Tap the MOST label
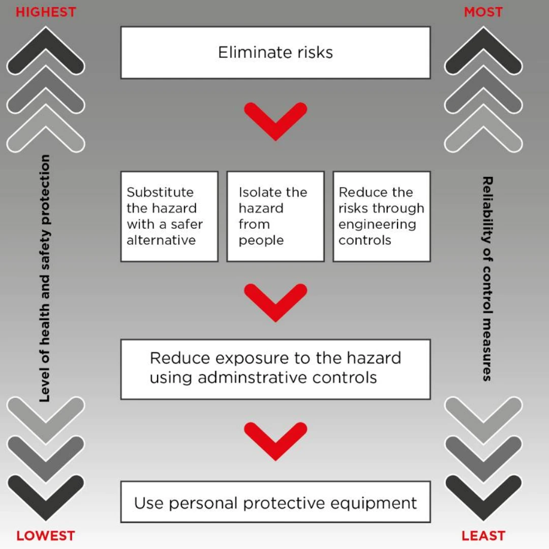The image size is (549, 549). (x=483, y=12)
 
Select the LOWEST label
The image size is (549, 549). (x=45, y=535)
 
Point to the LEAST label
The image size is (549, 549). (x=483, y=535)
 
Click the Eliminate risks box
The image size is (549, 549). (x=275, y=53)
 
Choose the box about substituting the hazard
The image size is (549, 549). (x=169, y=217)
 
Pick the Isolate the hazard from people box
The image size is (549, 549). (x=275, y=217)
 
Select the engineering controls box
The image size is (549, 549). (x=381, y=217)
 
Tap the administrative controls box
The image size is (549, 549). (x=275, y=369)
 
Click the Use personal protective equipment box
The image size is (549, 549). (x=275, y=502)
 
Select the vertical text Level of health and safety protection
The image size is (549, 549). (x=45, y=279)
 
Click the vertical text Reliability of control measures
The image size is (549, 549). (x=487, y=279)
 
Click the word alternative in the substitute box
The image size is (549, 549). (x=161, y=240)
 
